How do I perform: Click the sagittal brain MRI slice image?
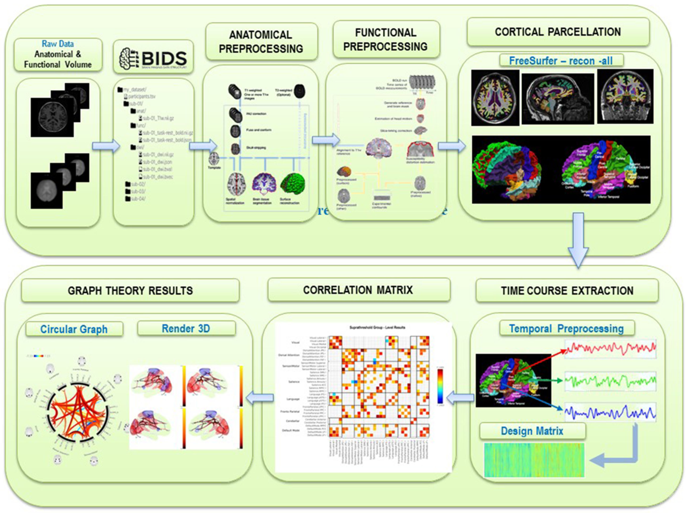tap(558, 99)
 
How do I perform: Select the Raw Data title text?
tap(58, 44)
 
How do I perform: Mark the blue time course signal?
tap(610, 412)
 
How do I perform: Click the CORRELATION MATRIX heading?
tap(358, 290)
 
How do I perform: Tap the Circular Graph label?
tap(74, 329)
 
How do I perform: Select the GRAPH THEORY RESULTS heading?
tap(130, 291)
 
